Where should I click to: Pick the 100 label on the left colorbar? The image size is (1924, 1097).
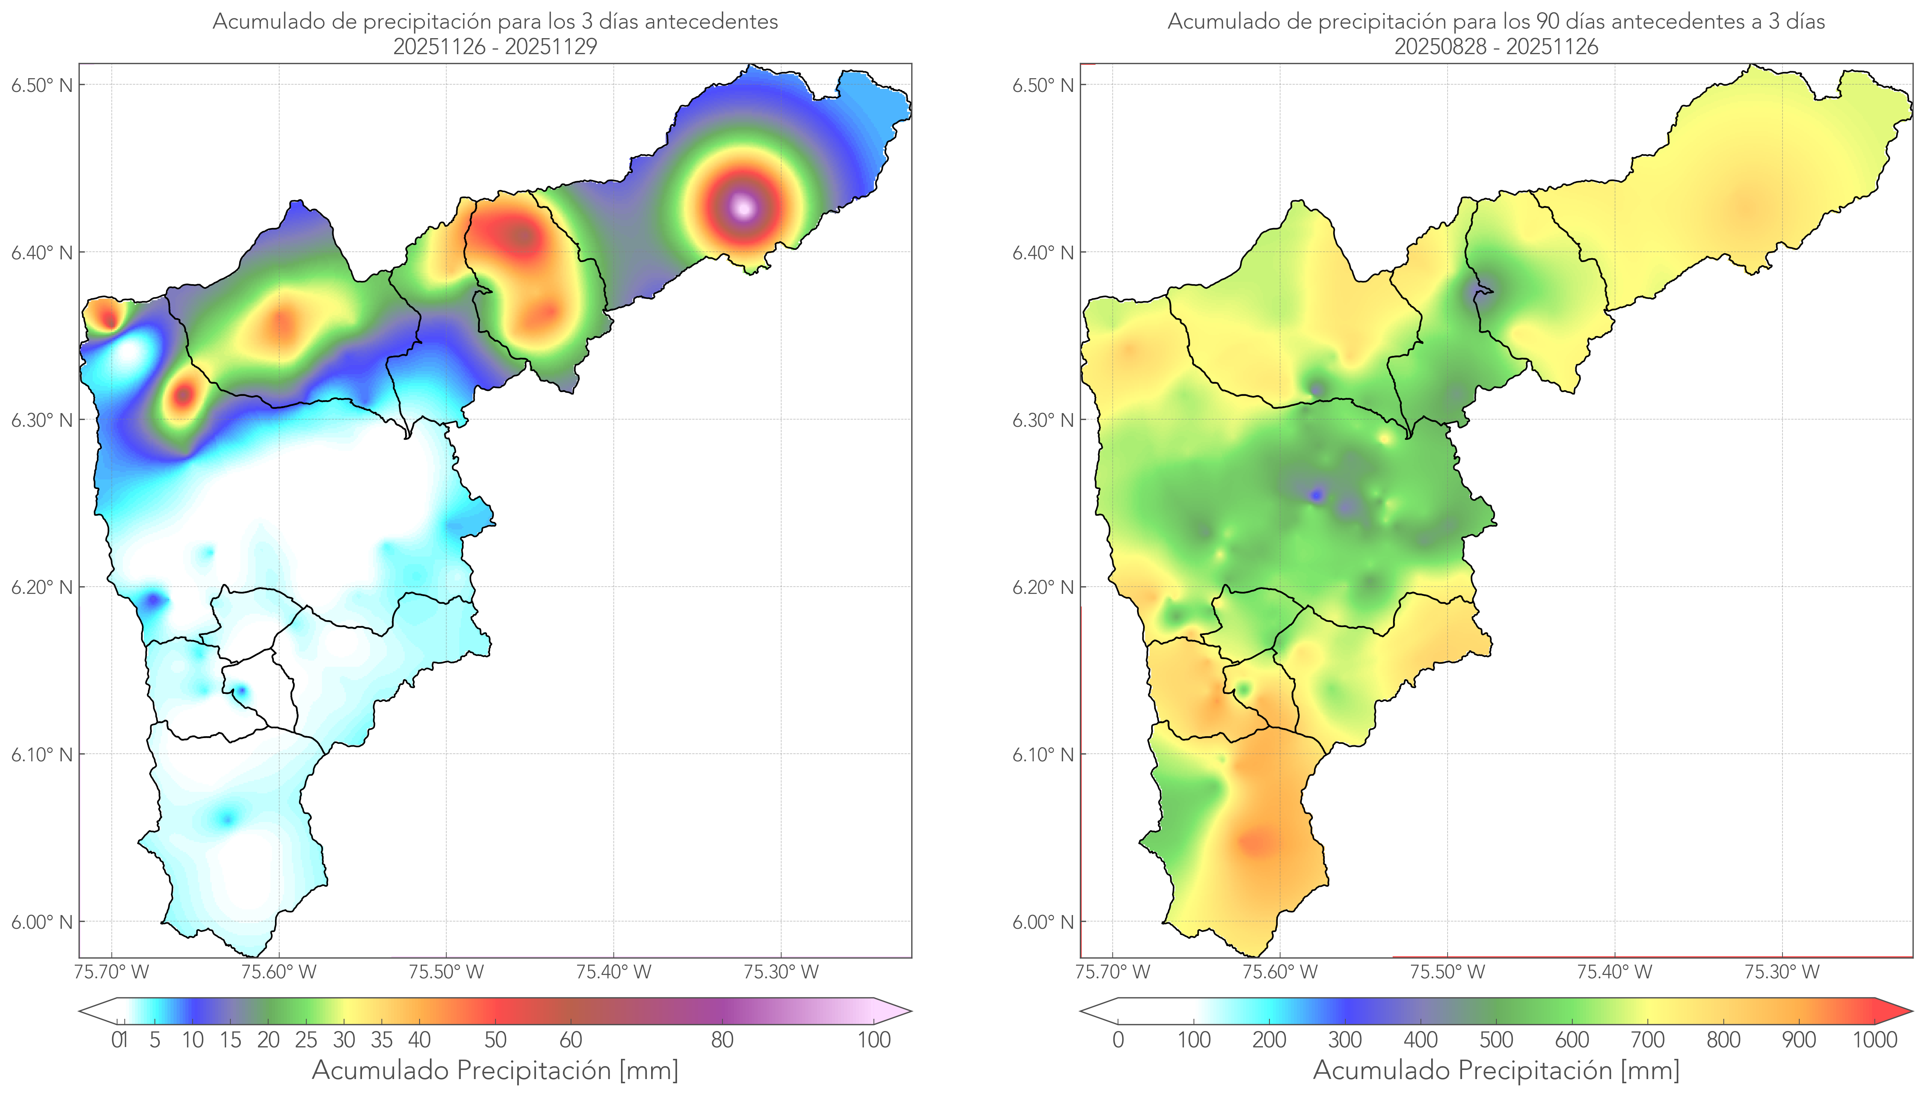pos(874,1040)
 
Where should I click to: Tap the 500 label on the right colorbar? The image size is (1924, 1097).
pos(1496,1040)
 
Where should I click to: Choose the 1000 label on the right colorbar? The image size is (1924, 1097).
pos(1874,1040)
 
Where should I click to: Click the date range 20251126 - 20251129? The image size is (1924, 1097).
pos(495,47)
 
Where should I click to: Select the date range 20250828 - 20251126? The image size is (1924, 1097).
pos(1496,47)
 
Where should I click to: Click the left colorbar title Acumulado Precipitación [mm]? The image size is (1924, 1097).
pos(495,1070)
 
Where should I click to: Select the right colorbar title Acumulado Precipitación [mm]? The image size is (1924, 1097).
pos(1496,1070)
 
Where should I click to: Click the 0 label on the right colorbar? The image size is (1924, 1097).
pos(1118,1040)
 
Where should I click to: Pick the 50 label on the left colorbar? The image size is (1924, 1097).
pos(495,1040)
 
